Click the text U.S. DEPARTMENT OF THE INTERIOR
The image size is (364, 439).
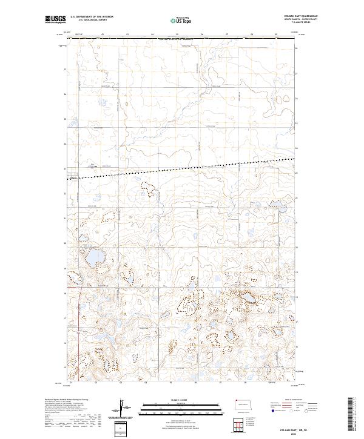pos(92,16)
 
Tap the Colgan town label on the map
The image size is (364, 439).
pos(74,177)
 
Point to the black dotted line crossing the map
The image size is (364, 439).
pos(182,167)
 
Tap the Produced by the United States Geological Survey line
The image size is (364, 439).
pos(67,400)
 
